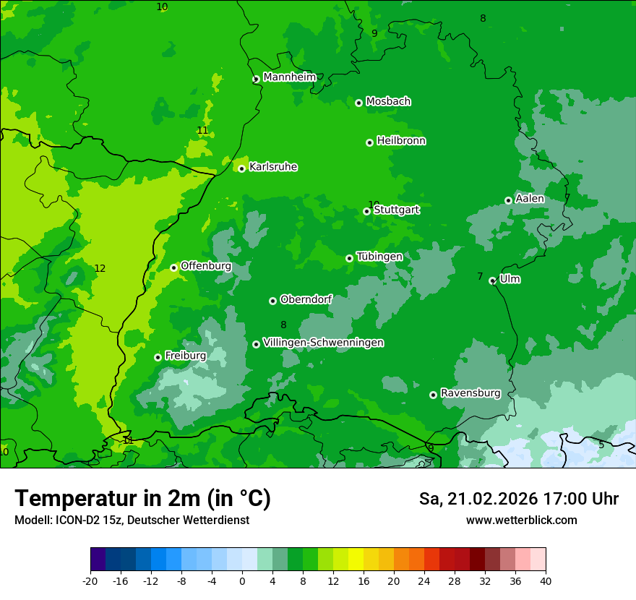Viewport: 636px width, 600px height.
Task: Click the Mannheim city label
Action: pyautogui.click(x=290, y=77)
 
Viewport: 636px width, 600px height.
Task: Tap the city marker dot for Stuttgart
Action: pyautogui.click(x=366, y=211)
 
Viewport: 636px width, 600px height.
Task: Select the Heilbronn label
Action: pyautogui.click(x=401, y=141)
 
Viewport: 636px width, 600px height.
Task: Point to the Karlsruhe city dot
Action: pyautogui.click(x=241, y=168)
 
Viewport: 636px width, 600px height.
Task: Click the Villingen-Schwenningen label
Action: pyautogui.click(x=323, y=343)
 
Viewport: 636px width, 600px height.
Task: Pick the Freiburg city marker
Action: pyautogui.click(x=158, y=357)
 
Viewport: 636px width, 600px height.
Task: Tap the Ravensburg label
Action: pyautogui.click(x=470, y=393)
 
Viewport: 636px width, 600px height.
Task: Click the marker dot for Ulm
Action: pyautogui.click(x=492, y=280)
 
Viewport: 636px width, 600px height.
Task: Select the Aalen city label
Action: pyautogui.click(x=530, y=199)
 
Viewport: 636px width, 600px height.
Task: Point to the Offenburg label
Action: pyautogui.click(x=206, y=266)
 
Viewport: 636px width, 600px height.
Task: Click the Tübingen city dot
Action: pyautogui.click(x=349, y=258)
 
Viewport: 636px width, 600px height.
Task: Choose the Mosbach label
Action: pyautogui.click(x=388, y=102)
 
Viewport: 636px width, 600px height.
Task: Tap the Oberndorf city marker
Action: pyautogui.click(x=272, y=301)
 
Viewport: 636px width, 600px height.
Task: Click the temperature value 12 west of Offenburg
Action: pyautogui.click(x=100, y=269)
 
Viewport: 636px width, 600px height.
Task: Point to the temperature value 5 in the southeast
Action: pyautogui.click(x=601, y=445)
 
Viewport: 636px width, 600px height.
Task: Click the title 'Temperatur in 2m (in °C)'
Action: pyautogui.click(x=142, y=499)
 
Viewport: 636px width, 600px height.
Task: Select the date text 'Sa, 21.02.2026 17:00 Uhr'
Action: pyautogui.click(x=518, y=499)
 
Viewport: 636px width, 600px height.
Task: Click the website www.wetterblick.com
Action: pyautogui.click(x=521, y=520)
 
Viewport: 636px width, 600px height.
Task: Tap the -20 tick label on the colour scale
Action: pyautogui.click(x=90, y=581)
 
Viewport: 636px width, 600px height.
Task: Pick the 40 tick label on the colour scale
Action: pyautogui.click(x=546, y=581)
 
